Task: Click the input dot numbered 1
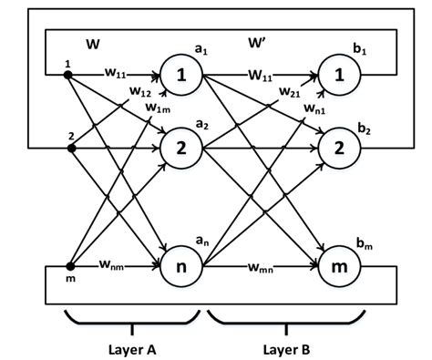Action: (x=67, y=75)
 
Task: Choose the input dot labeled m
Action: (x=68, y=268)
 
